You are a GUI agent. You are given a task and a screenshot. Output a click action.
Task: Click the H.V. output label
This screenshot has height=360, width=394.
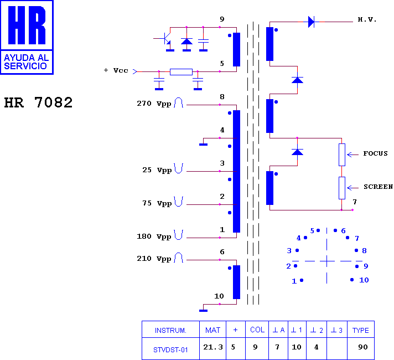tap(367, 19)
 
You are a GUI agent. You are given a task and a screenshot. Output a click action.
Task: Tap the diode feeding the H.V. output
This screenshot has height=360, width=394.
tap(311, 22)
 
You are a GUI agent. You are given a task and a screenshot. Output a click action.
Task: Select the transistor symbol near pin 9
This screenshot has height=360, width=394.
tap(166, 39)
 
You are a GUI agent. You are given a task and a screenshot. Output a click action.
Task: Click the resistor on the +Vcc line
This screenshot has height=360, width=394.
tap(181, 72)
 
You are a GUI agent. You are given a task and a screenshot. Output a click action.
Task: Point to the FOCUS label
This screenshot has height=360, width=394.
tap(375, 153)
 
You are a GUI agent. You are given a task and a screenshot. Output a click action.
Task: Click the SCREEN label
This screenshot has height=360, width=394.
tap(378, 187)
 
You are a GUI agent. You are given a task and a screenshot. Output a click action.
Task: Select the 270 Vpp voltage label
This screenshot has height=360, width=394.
tap(154, 104)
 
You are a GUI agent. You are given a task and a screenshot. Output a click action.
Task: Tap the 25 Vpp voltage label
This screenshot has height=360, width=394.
tap(157, 170)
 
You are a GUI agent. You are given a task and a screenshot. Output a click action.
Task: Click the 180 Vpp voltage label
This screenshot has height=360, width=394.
tap(154, 236)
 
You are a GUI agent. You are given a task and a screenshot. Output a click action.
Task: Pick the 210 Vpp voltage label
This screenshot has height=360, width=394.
tap(154, 259)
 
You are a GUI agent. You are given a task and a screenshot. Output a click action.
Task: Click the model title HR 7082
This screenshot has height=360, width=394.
tap(38, 102)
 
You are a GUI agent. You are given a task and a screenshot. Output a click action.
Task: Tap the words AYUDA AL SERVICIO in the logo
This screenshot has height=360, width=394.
tap(26, 62)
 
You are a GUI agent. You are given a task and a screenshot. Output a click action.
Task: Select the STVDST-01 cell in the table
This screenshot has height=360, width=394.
tap(170, 350)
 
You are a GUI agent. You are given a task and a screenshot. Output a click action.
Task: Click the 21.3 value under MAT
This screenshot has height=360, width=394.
tap(213, 347)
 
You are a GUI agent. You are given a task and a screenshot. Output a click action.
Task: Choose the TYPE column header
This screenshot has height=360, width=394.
tap(361, 330)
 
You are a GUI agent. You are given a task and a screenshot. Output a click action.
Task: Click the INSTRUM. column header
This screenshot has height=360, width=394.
tap(170, 330)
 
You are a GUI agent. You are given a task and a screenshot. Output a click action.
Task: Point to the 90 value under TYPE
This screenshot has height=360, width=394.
tap(363, 347)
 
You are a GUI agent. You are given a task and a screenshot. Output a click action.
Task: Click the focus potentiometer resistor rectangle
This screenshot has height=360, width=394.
tap(342, 155)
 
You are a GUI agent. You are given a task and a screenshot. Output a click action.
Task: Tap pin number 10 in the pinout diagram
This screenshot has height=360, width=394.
tap(364, 280)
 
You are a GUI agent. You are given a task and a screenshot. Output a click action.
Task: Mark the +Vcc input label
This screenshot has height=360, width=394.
tap(116, 70)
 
